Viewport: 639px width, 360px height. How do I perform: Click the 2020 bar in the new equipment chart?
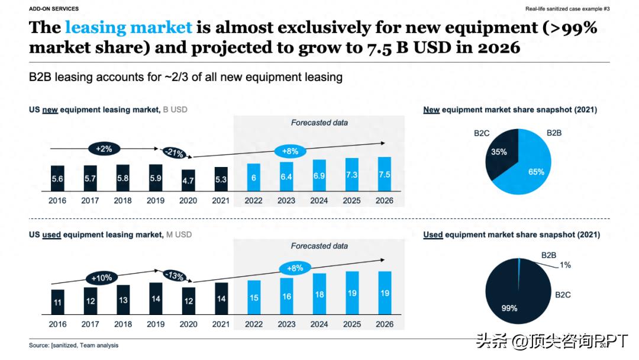(x=188, y=179)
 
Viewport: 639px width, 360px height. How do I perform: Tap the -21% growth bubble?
(x=174, y=153)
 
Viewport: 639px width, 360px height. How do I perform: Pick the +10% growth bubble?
(x=101, y=277)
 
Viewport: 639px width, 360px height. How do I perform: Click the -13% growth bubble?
(x=174, y=276)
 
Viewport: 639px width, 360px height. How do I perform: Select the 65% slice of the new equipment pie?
(x=530, y=168)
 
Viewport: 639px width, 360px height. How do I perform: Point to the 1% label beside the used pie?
(x=565, y=265)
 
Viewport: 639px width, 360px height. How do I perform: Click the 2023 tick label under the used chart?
(x=286, y=324)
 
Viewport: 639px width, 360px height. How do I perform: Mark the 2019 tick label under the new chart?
(x=156, y=200)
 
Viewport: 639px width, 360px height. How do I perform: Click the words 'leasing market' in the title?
(x=128, y=27)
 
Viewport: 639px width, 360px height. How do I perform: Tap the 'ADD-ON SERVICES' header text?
(x=54, y=9)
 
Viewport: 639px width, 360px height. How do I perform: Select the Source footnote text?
(x=73, y=345)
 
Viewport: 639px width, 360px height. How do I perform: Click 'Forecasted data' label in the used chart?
(x=319, y=246)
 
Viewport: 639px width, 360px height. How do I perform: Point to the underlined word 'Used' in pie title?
(x=433, y=234)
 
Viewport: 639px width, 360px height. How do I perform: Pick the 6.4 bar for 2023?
(x=286, y=176)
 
